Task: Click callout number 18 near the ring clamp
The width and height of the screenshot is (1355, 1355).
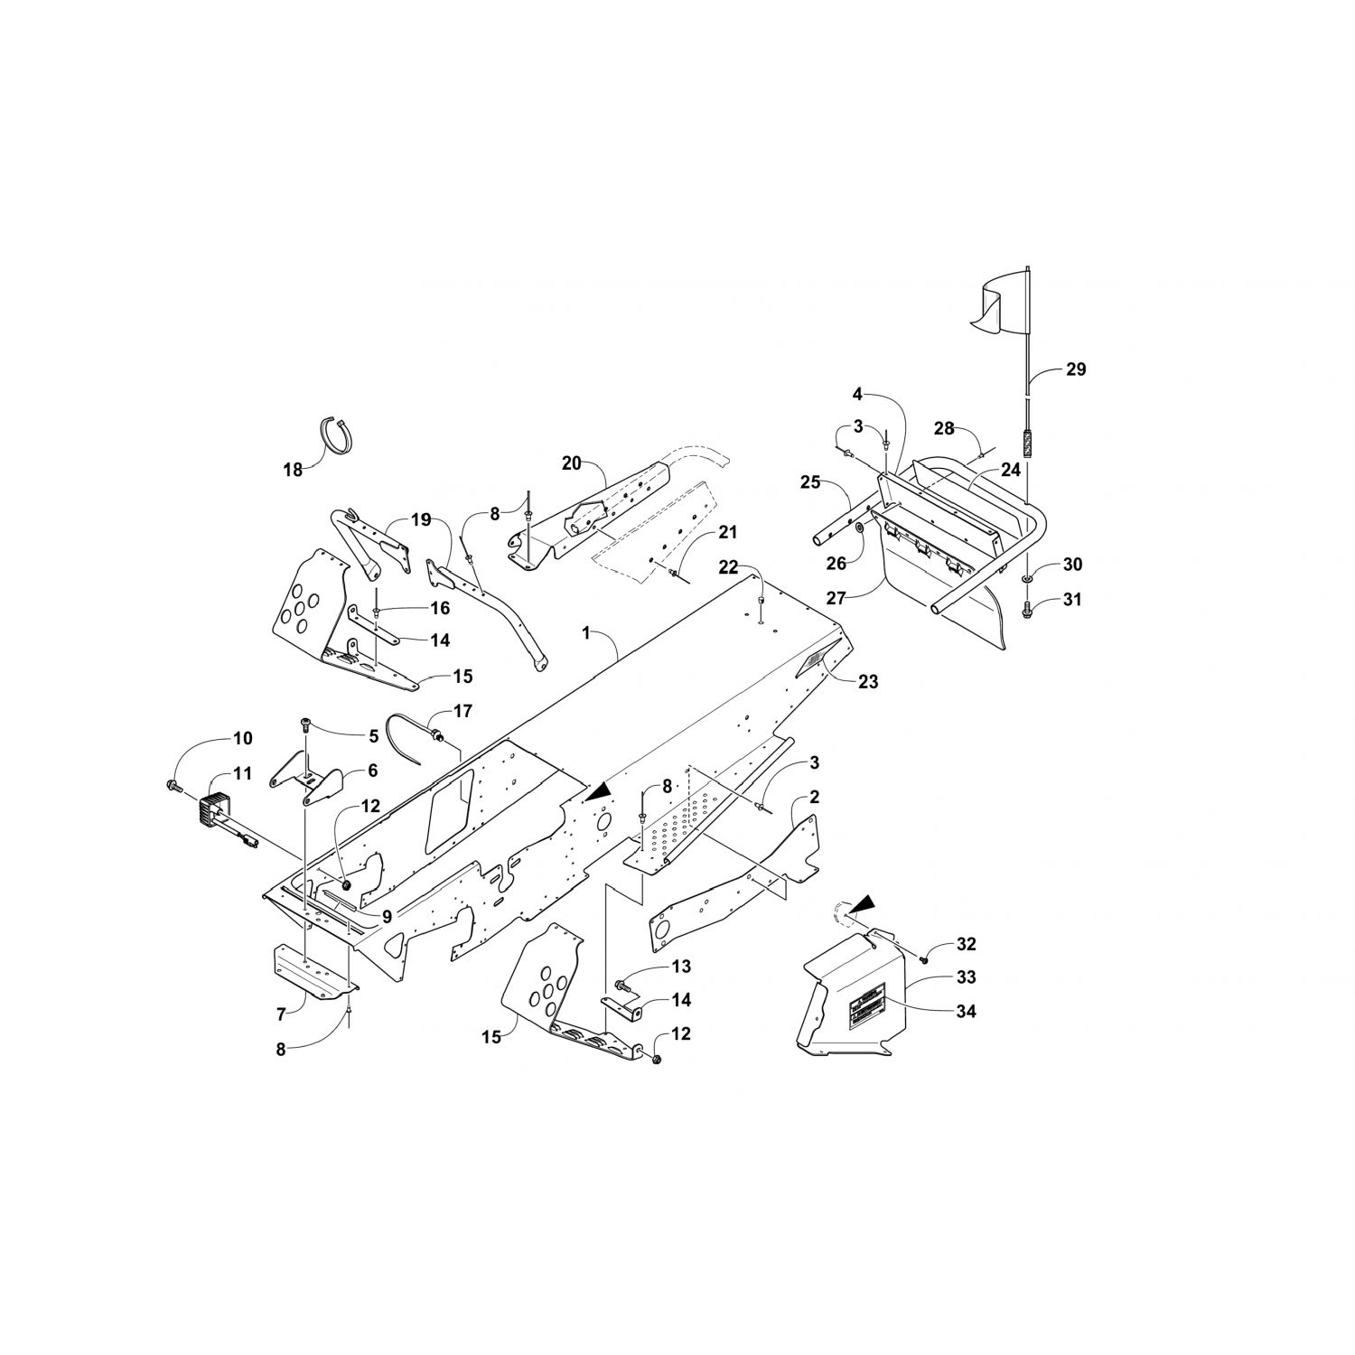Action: coord(293,470)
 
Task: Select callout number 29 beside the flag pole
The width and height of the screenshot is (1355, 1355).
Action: coord(1076,369)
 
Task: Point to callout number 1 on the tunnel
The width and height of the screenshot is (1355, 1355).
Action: coord(585,634)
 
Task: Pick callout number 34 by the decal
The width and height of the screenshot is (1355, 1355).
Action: coord(966,1011)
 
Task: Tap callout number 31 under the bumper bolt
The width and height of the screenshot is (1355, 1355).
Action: coord(1072,599)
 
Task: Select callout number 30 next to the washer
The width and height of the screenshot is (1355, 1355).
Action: coord(1072,565)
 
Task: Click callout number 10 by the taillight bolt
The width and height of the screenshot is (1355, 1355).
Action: coord(243,738)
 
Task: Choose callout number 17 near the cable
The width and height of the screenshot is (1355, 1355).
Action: coord(463,712)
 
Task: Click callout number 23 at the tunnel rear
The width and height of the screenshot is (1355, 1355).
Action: coord(868,682)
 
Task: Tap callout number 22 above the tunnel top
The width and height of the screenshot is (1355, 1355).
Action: coord(728,567)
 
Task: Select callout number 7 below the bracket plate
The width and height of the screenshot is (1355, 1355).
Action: coord(281,1014)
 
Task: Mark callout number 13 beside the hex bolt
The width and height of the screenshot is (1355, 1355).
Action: coord(681,967)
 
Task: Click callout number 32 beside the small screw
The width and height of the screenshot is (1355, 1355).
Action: coord(966,944)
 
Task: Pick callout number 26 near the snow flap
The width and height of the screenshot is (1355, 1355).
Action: coord(836,563)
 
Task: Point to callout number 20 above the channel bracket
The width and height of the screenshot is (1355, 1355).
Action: coord(571,463)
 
